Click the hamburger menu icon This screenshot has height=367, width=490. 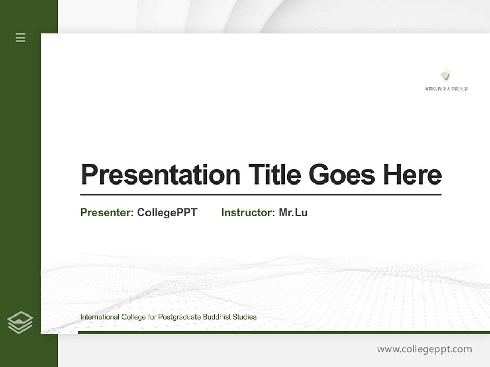point(20,37)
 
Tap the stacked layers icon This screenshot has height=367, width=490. point(20,323)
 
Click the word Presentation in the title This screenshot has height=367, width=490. point(160,175)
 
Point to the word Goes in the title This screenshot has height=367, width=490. point(342,175)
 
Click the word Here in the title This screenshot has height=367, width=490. point(412,175)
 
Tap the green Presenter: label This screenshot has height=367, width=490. point(107,213)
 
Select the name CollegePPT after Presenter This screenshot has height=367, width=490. point(167,213)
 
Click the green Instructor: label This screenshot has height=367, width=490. point(248,213)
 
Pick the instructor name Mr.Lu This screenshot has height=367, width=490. point(293,213)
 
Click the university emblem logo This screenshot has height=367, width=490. point(446,76)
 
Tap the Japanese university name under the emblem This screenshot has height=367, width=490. point(446,89)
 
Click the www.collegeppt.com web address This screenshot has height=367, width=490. point(424,349)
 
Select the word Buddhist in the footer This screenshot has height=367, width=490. point(217,317)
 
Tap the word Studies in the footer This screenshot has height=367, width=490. point(244,317)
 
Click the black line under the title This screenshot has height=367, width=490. point(260,195)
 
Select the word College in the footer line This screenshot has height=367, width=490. point(133,317)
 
